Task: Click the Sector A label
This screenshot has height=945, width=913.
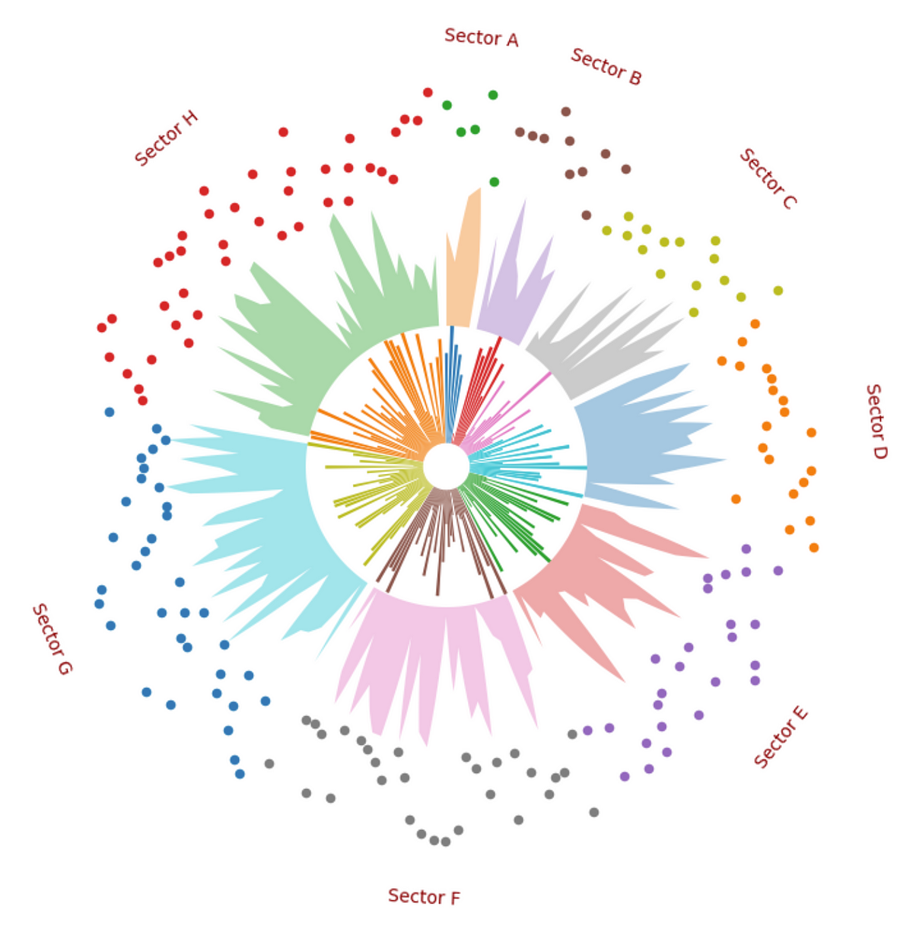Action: pyautogui.click(x=481, y=37)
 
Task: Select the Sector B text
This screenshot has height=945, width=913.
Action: pyautogui.click(x=606, y=66)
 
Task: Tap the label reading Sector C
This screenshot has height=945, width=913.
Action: pyautogui.click(x=768, y=178)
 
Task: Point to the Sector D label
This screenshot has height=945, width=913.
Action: pyautogui.click(x=876, y=421)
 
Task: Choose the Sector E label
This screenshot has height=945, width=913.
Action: pyautogui.click(x=781, y=737)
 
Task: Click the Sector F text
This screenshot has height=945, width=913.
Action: pyautogui.click(x=424, y=896)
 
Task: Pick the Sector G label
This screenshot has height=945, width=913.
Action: pyautogui.click(x=52, y=638)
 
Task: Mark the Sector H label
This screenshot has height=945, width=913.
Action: pyautogui.click(x=166, y=138)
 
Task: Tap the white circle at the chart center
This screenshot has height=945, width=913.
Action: pyautogui.click(x=446, y=466)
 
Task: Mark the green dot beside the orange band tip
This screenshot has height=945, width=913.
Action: pyautogui.click(x=494, y=182)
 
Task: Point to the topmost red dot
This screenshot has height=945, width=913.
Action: pyautogui.click(x=428, y=92)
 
